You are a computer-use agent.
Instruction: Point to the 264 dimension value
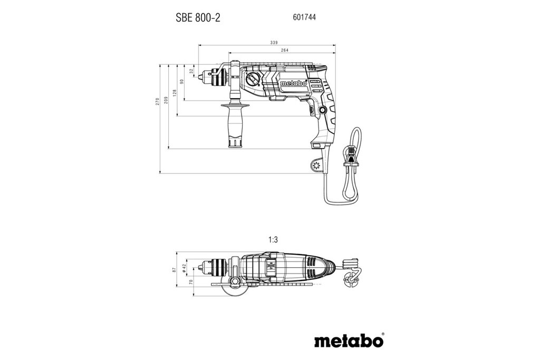click(x=284, y=51)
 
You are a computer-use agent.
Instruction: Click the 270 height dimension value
click(x=157, y=101)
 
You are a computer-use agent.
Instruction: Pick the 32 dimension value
click(x=192, y=71)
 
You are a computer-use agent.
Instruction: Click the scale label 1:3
click(x=273, y=240)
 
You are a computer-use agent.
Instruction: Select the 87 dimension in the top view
click(x=174, y=269)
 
